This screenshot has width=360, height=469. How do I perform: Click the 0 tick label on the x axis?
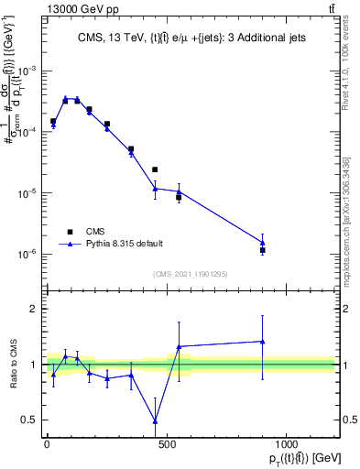click(47, 445)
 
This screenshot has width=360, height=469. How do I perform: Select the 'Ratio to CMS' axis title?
click(12, 365)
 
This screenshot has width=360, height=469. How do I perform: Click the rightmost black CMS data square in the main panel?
click(263, 250)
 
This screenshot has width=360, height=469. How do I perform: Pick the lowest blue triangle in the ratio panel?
click(155, 421)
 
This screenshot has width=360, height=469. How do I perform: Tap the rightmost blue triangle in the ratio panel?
click(263, 342)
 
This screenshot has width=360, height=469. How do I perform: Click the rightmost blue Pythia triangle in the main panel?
click(263, 243)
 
